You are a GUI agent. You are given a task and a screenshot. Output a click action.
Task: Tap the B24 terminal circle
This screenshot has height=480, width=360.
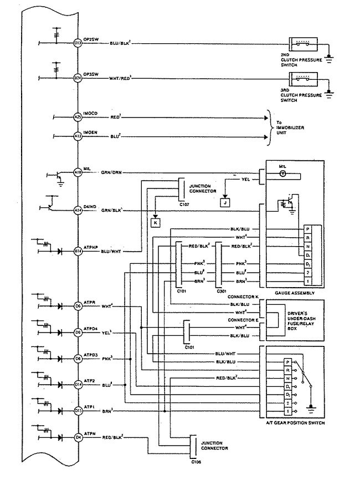78,78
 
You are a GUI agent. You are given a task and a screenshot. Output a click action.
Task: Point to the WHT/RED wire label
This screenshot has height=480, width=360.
120,78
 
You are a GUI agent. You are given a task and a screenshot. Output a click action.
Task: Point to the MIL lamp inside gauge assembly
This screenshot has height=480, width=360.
282,173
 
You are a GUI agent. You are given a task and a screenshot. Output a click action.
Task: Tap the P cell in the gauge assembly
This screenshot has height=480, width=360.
307,228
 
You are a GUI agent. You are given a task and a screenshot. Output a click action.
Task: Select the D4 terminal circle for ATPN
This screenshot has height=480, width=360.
78,437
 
